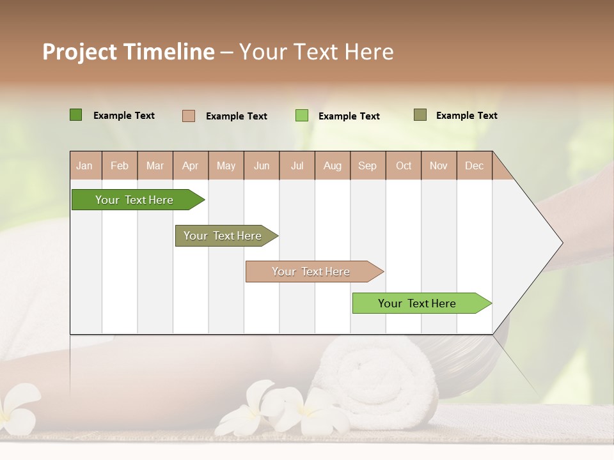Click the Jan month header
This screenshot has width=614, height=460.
85,166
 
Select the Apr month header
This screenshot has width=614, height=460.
191,166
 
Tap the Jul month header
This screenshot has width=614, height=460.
297,166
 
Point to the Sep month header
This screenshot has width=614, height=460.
367,166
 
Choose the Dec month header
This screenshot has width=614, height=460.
474,166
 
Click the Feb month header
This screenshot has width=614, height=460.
120,166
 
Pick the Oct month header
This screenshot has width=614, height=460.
404,166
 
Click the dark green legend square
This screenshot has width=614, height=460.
75,115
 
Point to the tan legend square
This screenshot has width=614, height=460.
188,116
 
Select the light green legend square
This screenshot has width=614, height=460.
301,116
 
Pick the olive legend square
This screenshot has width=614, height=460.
420,115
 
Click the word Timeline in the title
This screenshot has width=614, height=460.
169,52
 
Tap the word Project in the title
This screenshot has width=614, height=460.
79,52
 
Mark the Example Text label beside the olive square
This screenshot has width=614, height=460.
466,116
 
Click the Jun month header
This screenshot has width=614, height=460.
262,166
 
